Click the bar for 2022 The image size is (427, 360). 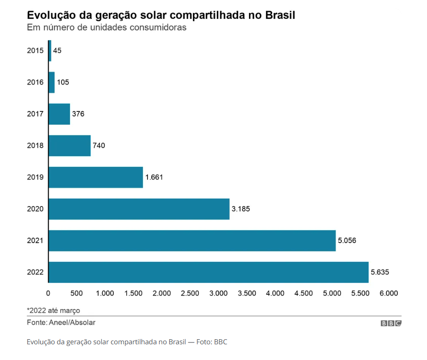click(208, 272)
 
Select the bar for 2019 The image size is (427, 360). click(96, 177)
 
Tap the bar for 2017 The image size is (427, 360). click(59, 114)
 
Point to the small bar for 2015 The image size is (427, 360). click(50, 51)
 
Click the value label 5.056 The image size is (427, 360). click(347, 240)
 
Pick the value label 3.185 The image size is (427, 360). click(241, 209)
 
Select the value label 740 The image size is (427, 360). click(99, 146)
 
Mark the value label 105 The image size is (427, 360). click(63, 82)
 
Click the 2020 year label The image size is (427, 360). click(35, 209)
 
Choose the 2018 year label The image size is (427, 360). click(35, 146)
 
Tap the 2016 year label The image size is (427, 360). click(35, 82)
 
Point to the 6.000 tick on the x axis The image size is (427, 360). click(389, 293)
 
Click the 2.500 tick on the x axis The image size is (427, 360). click(190, 293)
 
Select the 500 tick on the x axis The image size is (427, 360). click(77, 293)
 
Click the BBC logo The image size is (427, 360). click(391, 323)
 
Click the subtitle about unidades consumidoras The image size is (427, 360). click(106, 28)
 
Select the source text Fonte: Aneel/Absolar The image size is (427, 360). click(61, 323)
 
